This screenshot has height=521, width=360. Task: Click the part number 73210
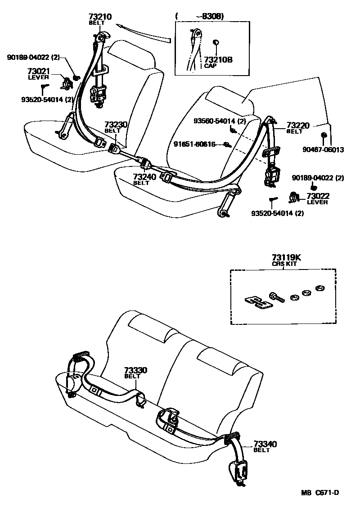[100, 17]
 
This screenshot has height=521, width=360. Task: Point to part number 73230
[116, 125]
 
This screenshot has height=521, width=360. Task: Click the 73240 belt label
[144, 177]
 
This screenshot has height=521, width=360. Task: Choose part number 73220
[298, 126]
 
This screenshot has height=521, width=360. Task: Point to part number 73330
[136, 370]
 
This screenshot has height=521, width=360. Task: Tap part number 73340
[265, 444]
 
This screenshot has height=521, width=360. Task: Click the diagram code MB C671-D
[320, 493]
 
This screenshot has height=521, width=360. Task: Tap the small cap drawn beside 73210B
[216, 43]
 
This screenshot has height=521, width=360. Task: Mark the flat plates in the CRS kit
[257, 302]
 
